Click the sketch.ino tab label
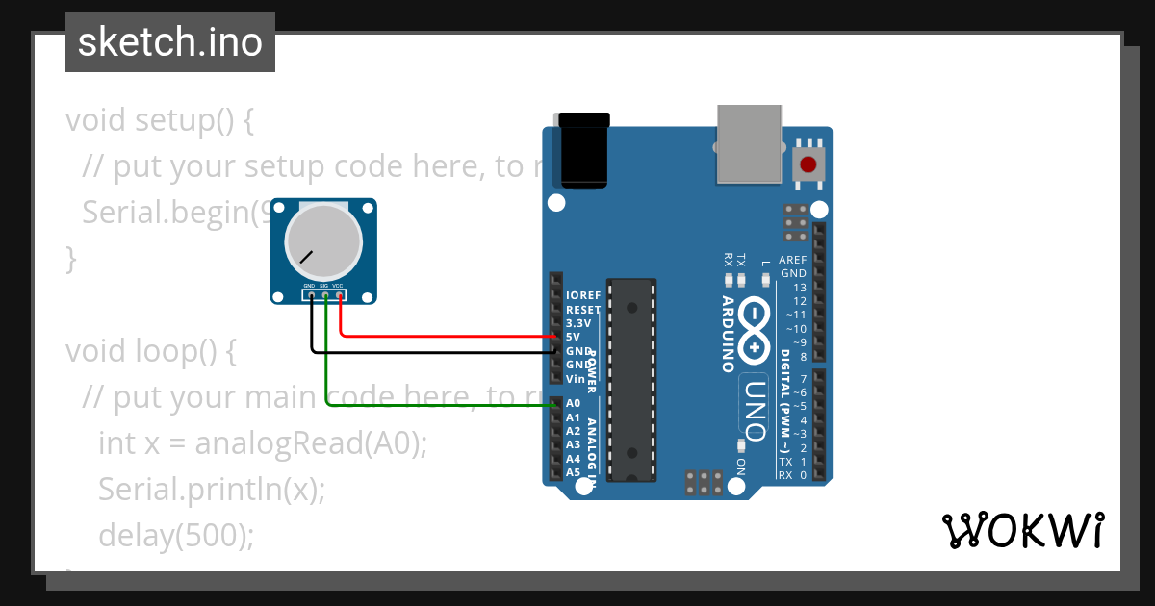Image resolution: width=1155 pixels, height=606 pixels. pos(169,42)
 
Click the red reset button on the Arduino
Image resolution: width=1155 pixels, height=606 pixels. pos(809,163)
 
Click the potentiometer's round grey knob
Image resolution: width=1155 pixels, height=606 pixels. pos(323,240)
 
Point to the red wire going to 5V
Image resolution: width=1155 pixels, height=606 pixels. pos(443,336)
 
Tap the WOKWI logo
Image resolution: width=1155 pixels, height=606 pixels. pos(1022,530)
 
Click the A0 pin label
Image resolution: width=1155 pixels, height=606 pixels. pos(574,403)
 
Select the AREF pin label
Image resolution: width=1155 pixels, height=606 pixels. pos(793,260)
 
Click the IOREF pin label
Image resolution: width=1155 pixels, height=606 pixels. pos(584,294)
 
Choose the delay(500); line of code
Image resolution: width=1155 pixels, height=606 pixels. pos(176,535)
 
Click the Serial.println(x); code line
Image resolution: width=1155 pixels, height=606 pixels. pos(212,489)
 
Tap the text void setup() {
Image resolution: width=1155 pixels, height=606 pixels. pos(160,120)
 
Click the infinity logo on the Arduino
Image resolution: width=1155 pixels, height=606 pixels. pos(756,331)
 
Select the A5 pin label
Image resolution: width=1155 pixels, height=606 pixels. pos(574,472)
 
